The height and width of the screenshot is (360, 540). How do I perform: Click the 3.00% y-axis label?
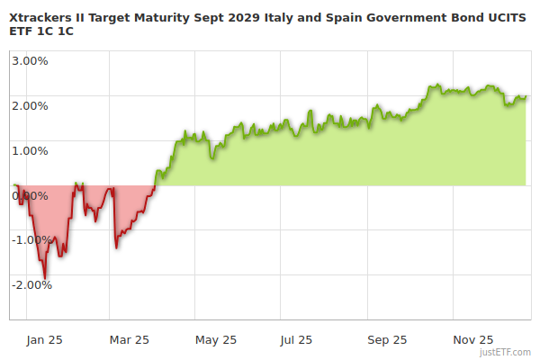click(31, 61)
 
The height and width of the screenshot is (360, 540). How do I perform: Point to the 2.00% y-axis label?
click(31, 105)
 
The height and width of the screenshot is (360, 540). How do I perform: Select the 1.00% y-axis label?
click(31, 150)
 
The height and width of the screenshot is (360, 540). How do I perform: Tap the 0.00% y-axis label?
click(31, 194)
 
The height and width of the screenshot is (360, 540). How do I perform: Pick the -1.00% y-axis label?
click(32, 239)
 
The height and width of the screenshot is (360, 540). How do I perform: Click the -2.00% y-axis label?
click(32, 284)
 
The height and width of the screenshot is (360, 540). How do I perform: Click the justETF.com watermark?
click(505, 352)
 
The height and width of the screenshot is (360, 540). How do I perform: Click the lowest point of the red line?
click(45, 277)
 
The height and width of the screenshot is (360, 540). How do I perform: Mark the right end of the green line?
click(526, 96)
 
